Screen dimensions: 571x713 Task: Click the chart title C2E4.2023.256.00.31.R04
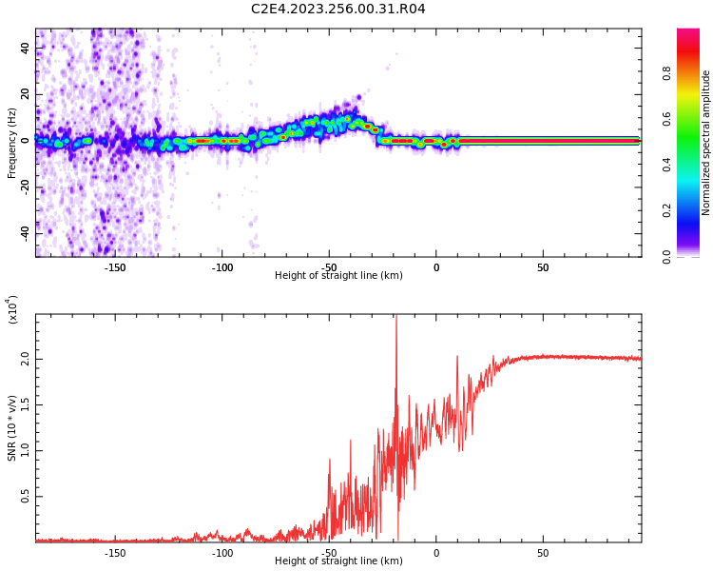338,10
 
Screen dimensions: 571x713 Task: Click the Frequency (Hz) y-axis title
12,143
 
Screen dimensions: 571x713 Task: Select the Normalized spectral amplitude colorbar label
706,143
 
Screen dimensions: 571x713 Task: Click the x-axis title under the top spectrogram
338,276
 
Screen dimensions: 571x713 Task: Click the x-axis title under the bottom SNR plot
338,561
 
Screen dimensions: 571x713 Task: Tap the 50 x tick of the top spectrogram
542,267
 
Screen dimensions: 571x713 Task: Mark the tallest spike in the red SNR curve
395,320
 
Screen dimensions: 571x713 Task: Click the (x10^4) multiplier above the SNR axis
12,309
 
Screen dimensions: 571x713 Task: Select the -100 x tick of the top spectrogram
222,267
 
